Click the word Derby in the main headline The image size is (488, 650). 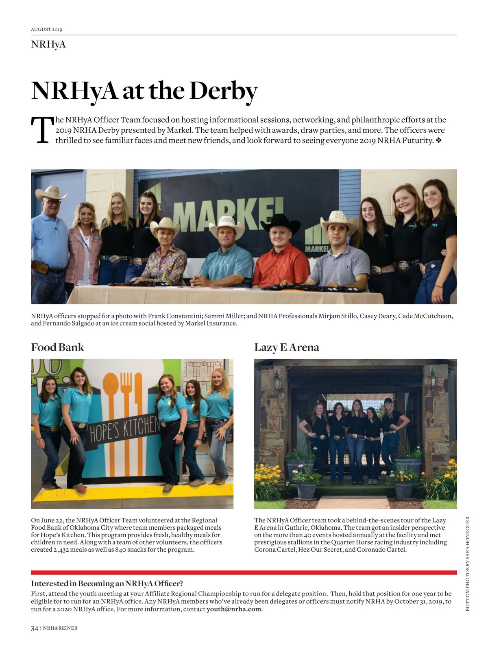[223, 91]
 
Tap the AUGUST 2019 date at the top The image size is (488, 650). [46, 29]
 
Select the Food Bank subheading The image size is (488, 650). [57, 347]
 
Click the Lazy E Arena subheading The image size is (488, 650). [286, 347]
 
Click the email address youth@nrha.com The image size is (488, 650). [234, 609]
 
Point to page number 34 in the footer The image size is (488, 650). [35, 628]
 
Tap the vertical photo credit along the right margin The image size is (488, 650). [468, 563]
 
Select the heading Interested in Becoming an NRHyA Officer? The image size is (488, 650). [107, 584]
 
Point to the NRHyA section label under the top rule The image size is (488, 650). [48, 44]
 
